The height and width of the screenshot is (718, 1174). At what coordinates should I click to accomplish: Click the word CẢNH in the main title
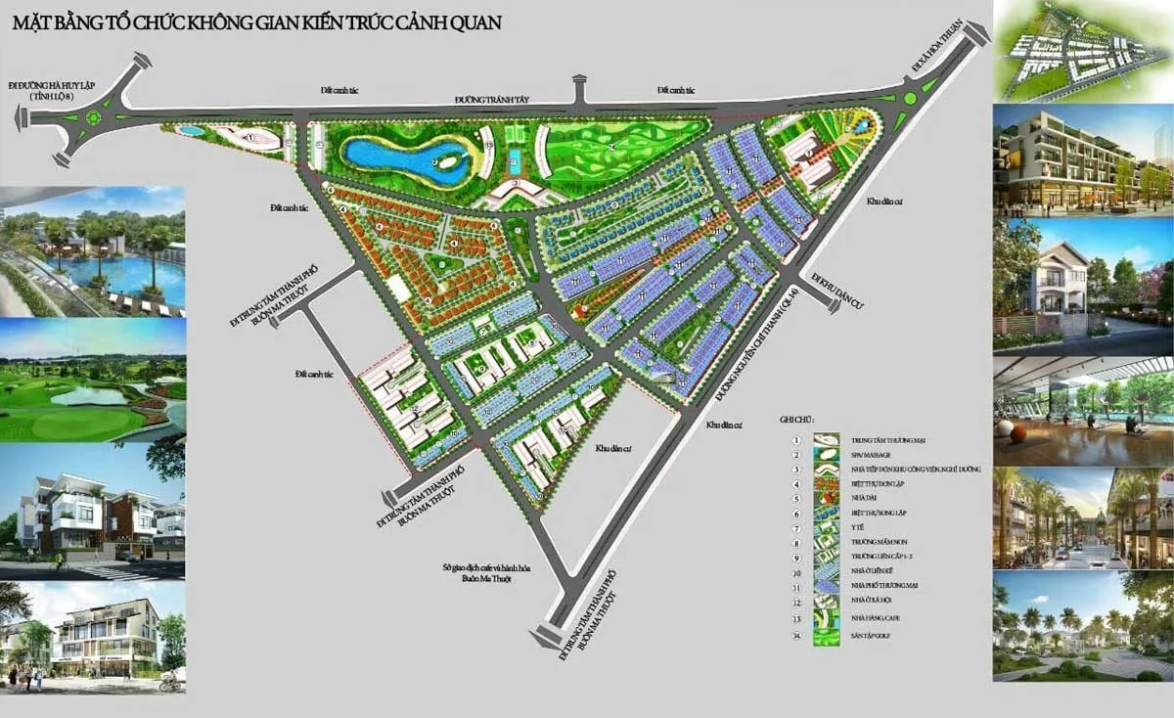pyautogui.click(x=408, y=19)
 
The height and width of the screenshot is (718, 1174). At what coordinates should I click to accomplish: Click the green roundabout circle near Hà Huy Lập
pyautogui.click(x=95, y=117)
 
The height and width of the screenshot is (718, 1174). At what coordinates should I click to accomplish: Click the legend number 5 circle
pyautogui.click(x=796, y=498)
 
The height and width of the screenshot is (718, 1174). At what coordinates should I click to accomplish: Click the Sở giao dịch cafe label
pyautogui.click(x=479, y=573)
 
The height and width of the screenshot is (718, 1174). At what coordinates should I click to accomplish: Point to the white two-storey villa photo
pyautogui.click(x=1083, y=279)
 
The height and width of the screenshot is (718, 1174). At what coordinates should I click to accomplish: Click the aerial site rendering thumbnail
pyautogui.click(x=1083, y=50)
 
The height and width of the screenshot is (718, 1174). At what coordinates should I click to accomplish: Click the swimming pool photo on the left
pyautogui.click(x=93, y=251)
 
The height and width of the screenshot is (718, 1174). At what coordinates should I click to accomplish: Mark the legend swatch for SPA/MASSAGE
pyautogui.click(x=827, y=455)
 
